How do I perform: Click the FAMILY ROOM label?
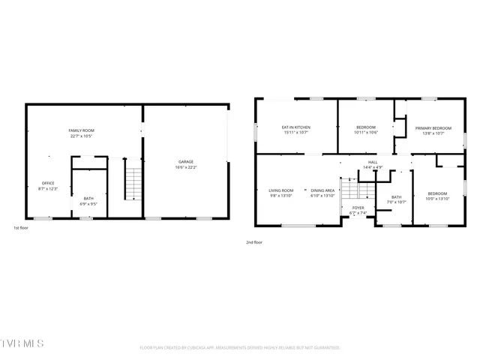[81, 130]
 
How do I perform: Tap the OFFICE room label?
[48, 183]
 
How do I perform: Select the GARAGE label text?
[186, 162]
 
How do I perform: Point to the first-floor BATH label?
[88, 198]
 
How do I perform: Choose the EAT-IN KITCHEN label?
[295, 127]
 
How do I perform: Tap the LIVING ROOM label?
[281, 190]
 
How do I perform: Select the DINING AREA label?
[322, 190]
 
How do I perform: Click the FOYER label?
[358, 208]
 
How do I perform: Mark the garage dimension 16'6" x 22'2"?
[186, 168]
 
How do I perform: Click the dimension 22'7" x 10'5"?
[81, 136]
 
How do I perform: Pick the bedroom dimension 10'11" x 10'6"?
[366, 133]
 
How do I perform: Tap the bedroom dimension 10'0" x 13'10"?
[437, 199]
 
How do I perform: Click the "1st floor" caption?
[22, 227]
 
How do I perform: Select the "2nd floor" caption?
[254, 242]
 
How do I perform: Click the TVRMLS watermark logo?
[22, 343]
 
